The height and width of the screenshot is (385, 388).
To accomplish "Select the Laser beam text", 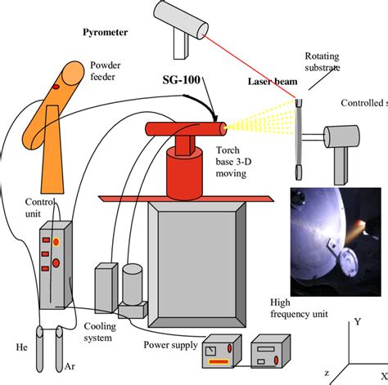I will (x=272, y=81).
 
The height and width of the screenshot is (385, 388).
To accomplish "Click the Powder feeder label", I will (x=108, y=71).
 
